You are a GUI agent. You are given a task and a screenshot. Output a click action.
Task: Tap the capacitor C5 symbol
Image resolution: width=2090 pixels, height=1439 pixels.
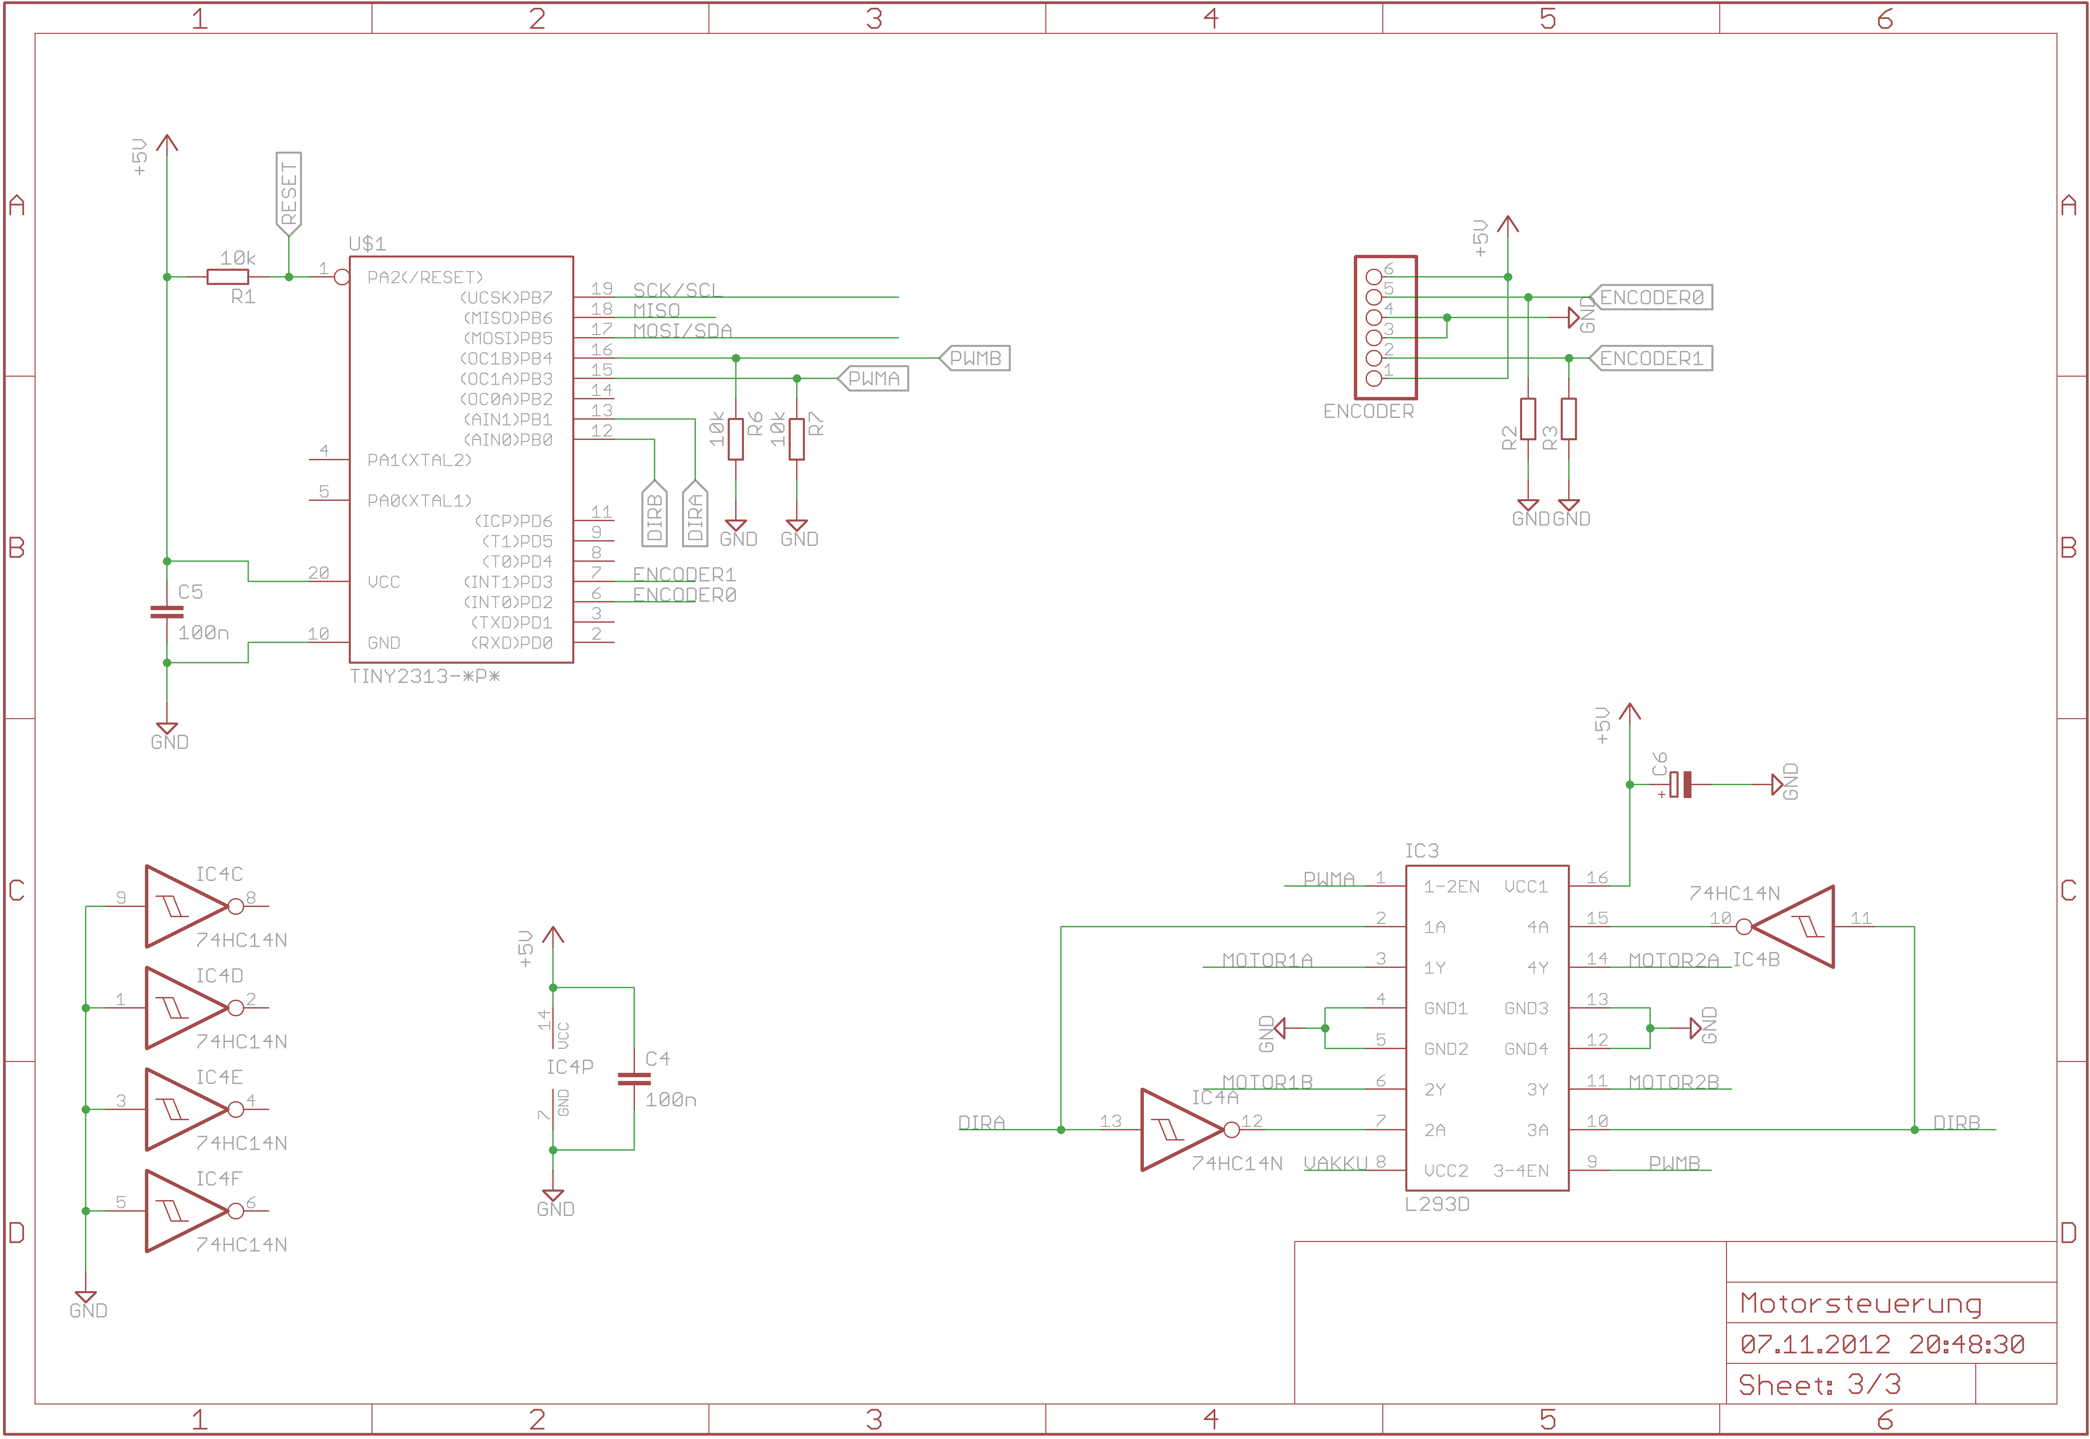tap(167, 612)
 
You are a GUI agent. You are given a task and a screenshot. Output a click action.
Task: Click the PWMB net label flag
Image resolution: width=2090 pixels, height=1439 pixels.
tap(975, 358)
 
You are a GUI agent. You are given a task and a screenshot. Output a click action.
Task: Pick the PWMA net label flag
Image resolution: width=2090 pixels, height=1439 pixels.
tap(873, 379)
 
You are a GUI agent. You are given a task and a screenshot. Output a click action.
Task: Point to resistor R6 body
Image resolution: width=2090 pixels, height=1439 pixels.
tap(736, 439)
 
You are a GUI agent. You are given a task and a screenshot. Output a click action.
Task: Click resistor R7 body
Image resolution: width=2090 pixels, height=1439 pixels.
tap(796, 439)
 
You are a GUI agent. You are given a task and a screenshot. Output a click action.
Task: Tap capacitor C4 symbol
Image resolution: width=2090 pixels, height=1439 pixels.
tap(634, 1078)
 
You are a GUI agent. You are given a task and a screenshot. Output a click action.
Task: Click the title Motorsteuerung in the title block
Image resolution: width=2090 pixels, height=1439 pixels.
tap(1860, 1304)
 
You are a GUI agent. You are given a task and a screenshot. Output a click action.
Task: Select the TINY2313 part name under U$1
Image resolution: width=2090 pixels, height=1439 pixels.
tap(424, 676)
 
